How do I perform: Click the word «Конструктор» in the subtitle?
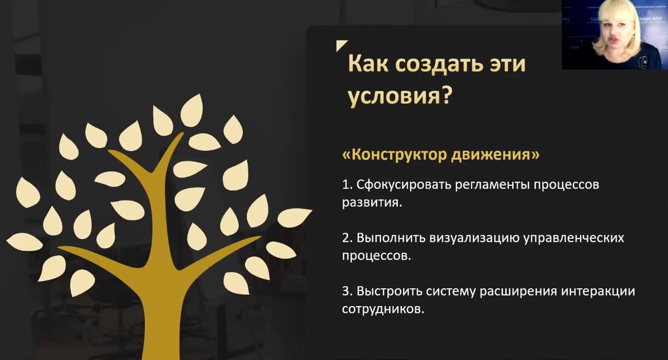point(394,155)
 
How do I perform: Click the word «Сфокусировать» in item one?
point(404,185)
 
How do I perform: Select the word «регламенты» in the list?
point(493,185)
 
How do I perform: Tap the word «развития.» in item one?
point(372,203)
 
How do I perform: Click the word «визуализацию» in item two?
point(474,238)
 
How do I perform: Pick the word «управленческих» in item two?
point(574,239)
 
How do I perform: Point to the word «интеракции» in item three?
point(598,291)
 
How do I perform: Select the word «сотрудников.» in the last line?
point(383,309)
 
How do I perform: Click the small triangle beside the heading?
point(340,45)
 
